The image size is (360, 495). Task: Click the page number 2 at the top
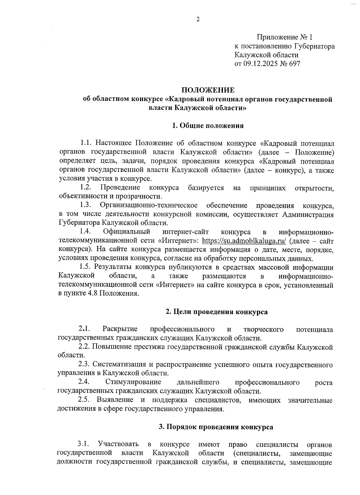click(x=198, y=20)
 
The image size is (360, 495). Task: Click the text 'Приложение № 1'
click(x=284, y=37)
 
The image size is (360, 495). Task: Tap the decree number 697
click(x=294, y=64)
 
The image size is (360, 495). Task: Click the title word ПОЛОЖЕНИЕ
click(x=208, y=90)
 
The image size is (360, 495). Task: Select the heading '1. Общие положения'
click(x=208, y=126)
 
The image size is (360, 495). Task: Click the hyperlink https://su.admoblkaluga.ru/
click(x=244, y=241)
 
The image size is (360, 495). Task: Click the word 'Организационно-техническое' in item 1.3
click(x=149, y=205)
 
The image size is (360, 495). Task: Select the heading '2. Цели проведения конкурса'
click(x=217, y=312)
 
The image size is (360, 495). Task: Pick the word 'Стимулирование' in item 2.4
click(x=133, y=382)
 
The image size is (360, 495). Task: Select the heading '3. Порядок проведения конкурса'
click(x=216, y=427)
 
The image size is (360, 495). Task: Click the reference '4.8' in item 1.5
click(x=92, y=294)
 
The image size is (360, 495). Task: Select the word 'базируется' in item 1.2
click(x=206, y=188)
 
